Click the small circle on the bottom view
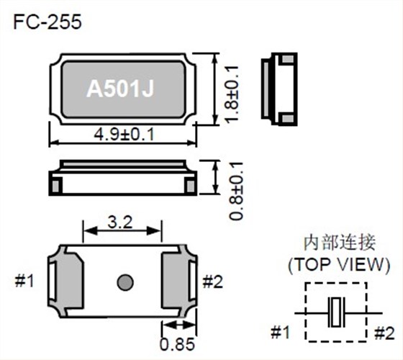pos(124,281)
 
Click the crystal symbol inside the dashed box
pos(337,312)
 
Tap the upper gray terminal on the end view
pos(286,58)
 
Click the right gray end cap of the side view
pos(190,184)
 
